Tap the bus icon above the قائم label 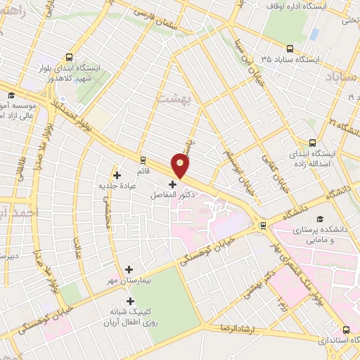pyautogui.click(x=143, y=159)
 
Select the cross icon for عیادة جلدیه pyautogui.click(x=117, y=175)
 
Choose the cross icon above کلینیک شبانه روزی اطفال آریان pyautogui.click(x=129, y=300)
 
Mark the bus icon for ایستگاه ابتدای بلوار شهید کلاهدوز pyautogui.click(x=69, y=56)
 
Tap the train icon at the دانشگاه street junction pyautogui.click(x=263, y=226)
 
